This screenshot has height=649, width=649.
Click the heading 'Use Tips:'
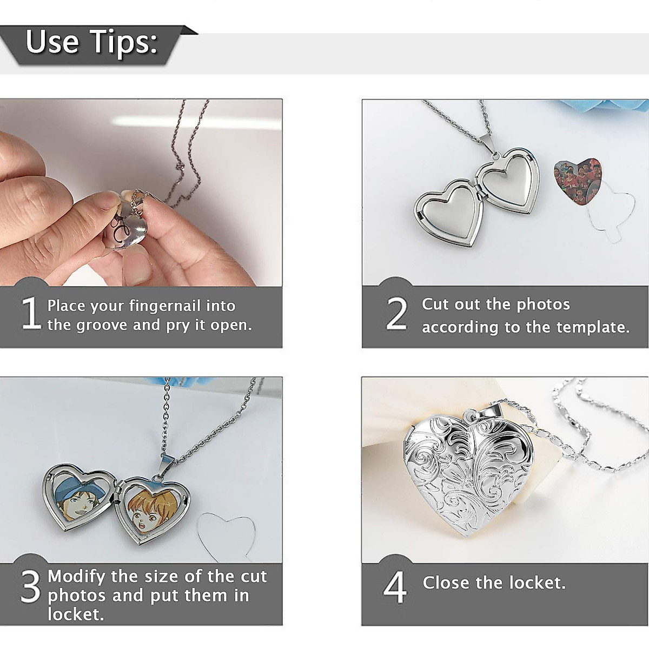[91, 42]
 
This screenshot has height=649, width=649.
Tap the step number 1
[31, 314]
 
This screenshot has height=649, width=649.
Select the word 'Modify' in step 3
[76, 577]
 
